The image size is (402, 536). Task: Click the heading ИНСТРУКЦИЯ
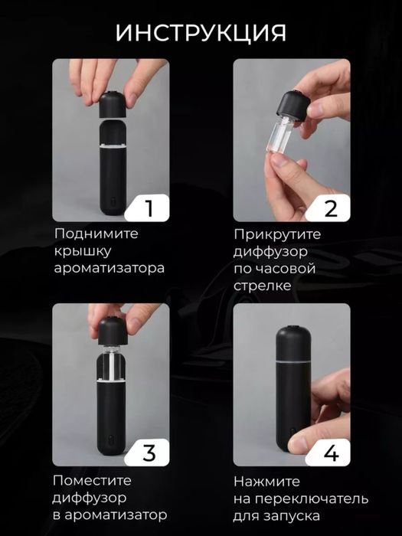click(201, 33)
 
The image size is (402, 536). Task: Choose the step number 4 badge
click(331, 452)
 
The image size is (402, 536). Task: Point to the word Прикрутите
click(278, 234)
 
